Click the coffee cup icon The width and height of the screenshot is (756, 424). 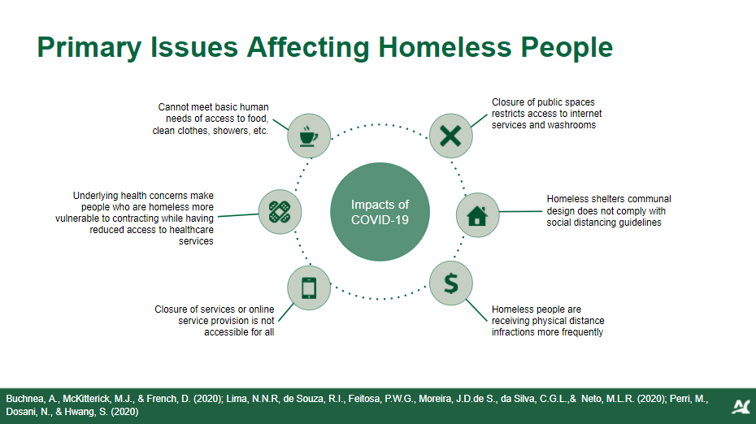click(309, 136)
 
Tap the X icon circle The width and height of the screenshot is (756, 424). click(451, 136)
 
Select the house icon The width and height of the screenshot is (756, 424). click(477, 215)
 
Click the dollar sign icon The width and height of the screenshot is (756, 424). click(451, 283)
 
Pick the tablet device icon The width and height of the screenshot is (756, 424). click(309, 288)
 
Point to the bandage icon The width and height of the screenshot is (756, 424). click(280, 212)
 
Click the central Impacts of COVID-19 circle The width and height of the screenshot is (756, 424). click(380, 212)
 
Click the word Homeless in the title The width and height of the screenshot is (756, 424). click(445, 47)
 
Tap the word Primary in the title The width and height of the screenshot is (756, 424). click(89, 48)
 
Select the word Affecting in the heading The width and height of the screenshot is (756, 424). click(308, 48)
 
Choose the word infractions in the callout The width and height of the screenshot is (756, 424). click(512, 332)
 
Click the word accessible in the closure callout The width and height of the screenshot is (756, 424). click(225, 332)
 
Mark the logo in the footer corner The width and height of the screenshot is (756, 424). click(741, 407)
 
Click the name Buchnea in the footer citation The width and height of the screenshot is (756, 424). click(24, 399)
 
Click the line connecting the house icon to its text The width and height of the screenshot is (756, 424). click(521, 211)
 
